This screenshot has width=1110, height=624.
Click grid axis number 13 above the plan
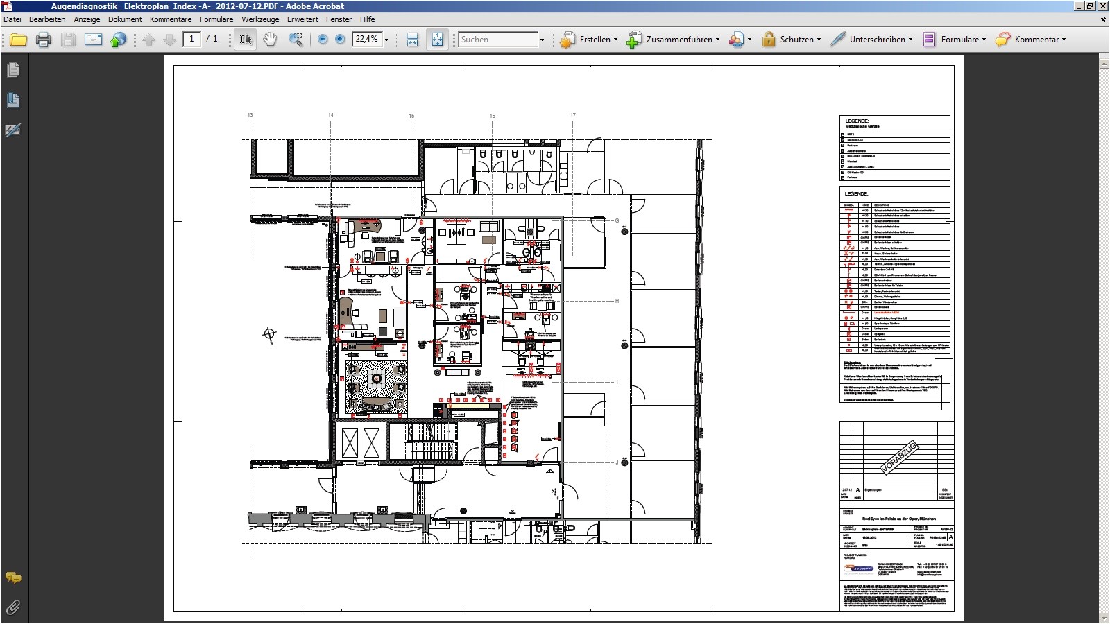pos(250,115)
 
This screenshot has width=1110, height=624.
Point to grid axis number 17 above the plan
pos(573,115)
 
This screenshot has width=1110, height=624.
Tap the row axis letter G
pos(617,221)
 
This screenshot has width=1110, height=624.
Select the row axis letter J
pos(617,462)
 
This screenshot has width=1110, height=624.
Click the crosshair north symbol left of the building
pos(269,335)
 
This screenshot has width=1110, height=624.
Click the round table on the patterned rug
pos(377,379)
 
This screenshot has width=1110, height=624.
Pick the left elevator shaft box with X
pos(350,443)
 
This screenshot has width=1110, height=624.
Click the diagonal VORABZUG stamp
pos(898,458)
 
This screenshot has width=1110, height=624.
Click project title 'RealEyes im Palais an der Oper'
pos(898,518)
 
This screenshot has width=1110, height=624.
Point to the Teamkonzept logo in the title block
pos(858,569)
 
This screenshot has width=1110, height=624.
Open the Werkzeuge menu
pos(260,19)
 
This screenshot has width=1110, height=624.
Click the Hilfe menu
pos(367,19)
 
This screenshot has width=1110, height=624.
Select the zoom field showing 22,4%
pos(367,40)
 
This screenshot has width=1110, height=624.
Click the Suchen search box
pos(498,40)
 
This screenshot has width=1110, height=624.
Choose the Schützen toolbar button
pos(791,40)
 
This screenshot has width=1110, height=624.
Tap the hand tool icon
pos(270,40)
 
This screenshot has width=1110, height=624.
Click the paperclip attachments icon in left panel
pos(12,608)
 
